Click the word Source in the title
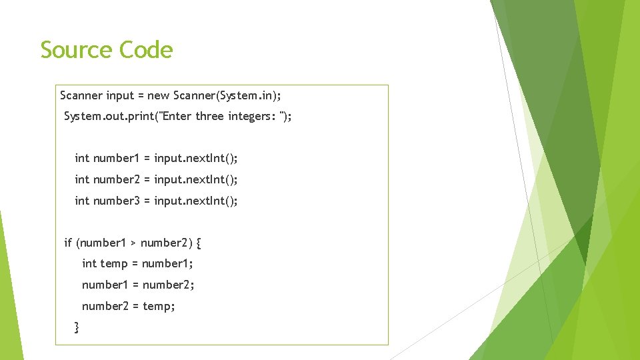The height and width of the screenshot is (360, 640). point(76,50)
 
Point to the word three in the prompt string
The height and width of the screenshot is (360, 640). point(210,117)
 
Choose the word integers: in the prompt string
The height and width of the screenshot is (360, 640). point(252,117)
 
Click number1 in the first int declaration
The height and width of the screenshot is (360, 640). point(117,158)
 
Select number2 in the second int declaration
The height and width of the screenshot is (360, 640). point(117,179)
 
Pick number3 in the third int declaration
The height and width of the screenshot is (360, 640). point(117,201)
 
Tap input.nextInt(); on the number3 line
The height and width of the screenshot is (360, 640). point(195,201)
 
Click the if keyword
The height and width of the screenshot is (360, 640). point(68,243)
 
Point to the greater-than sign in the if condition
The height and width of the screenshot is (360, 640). point(133,243)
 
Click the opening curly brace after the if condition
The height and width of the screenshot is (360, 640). point(199,243)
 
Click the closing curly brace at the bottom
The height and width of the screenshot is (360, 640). point(77,327)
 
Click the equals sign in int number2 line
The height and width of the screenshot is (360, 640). point(147,179)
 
